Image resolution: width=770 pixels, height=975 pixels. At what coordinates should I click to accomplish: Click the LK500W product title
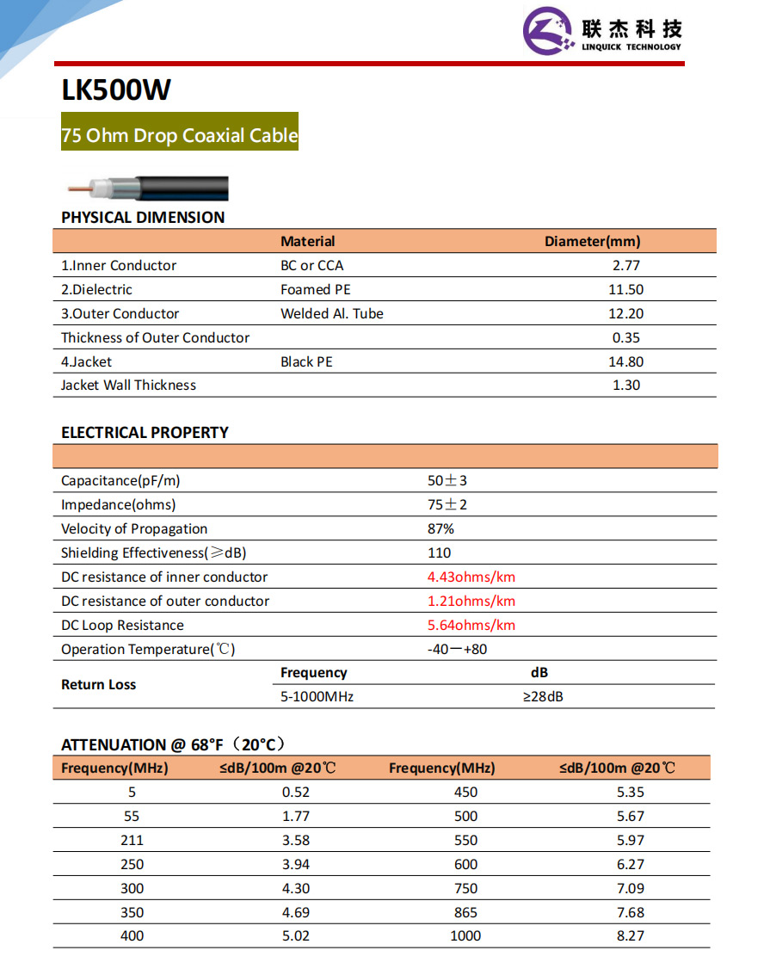click(117, 90)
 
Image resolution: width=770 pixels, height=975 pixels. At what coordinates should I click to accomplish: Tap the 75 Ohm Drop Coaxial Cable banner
click(180, 135)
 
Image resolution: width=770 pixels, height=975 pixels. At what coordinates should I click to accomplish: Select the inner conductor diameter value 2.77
click(625, 266)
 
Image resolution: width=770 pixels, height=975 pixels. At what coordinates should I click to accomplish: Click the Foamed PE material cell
click(316, 290)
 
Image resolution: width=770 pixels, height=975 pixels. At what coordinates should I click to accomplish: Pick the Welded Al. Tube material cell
click(332, 314)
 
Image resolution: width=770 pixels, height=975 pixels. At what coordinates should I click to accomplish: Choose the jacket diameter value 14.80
click(625, 362)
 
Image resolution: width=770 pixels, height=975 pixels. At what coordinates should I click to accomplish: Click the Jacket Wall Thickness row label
click(128, 386)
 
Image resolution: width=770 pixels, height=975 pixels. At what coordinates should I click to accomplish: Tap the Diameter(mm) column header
click(592, 242)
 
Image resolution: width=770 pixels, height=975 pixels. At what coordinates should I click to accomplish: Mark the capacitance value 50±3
click(447, 481)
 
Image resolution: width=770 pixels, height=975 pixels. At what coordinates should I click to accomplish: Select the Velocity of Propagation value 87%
click(440, 529)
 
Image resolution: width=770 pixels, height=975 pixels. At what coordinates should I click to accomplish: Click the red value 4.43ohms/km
click(471, 577)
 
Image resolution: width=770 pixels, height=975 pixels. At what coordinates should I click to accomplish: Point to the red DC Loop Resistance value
click(471, 626)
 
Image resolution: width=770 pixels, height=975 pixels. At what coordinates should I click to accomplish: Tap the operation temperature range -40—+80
click(457, 650)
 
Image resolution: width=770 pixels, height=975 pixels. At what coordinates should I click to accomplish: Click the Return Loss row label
click(99, 685)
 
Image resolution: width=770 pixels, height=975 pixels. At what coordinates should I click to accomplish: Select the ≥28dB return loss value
click(543, 696)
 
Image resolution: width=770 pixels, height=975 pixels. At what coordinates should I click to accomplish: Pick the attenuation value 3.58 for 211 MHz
click(296, 841)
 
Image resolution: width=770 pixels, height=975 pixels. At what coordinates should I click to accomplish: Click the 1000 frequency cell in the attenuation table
click(465, 936)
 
